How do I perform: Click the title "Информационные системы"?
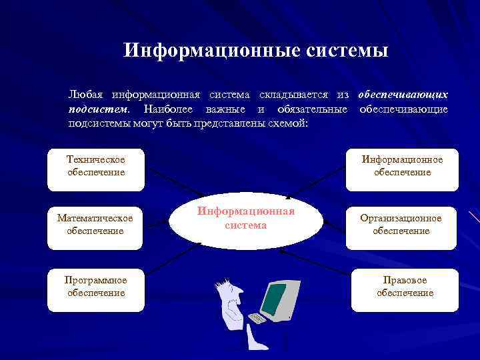click(255, 51)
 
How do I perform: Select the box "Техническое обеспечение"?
click(96, 165)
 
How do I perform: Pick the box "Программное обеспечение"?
click(96, 287)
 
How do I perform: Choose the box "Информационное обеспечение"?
click(402, 165)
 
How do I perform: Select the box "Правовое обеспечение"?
click(404, 287)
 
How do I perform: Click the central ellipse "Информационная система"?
click(245, 218)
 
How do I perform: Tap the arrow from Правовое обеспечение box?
click(317, 260)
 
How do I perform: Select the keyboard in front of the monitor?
click(257, 319)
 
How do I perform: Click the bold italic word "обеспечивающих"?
click(403, 95)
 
